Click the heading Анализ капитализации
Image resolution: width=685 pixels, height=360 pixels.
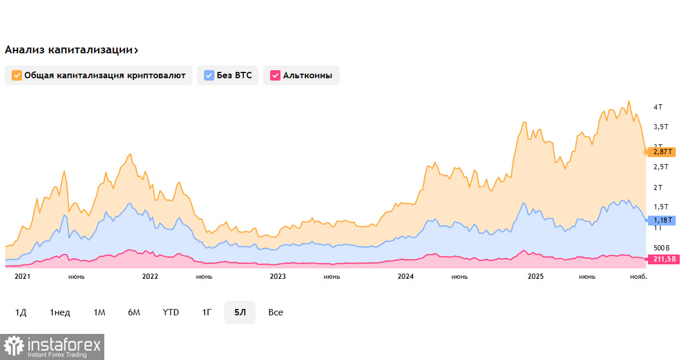tap(68, 50)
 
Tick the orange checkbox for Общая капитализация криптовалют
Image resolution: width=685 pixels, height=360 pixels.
tap(17, 75)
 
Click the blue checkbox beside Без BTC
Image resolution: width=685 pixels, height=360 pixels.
tap(209, 75)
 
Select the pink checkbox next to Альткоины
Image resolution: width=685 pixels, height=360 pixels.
tap(275, 75)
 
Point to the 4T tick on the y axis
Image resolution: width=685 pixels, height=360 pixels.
tap(658, 107)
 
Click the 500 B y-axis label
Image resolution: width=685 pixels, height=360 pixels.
tap(661, 248)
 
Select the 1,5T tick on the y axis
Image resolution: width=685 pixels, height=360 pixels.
tap(661, 207)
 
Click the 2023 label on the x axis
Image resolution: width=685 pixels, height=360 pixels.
tap(278, 277)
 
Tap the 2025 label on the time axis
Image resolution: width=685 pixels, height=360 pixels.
tap(535, 277)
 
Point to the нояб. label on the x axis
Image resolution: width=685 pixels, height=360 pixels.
tap(639, 277)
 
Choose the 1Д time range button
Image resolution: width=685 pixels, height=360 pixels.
tap(21, 312)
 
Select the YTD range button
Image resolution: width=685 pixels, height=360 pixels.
tap(170, 312)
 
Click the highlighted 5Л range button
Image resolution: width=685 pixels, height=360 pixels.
tap(240, 312)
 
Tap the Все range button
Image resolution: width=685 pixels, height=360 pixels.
tap(276, 312)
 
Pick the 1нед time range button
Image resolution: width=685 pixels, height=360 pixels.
tap(60, 312)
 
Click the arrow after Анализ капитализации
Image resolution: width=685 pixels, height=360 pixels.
tap(136, 50)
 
